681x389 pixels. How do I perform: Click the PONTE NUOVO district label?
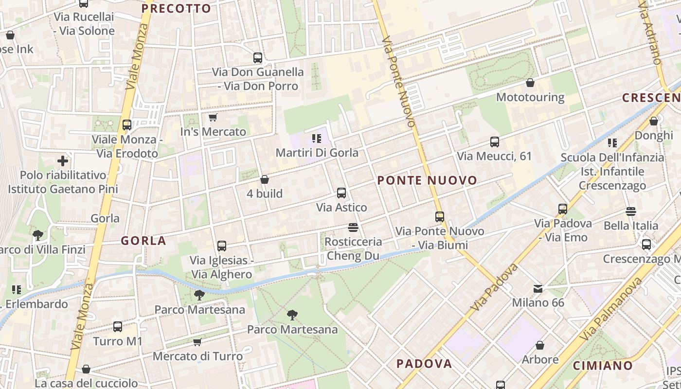428,180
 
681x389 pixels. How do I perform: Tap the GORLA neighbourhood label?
143,240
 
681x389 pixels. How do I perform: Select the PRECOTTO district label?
176,8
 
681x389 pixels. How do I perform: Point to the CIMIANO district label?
603,366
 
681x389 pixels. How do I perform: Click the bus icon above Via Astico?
341,193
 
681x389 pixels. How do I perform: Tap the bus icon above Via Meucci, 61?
495,142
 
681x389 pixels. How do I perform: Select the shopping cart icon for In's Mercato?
213,117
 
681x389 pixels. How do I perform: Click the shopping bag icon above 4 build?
265,179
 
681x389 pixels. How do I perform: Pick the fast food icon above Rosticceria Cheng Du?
353,227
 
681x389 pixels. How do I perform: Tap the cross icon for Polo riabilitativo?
63,160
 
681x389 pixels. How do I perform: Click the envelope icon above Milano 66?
538,289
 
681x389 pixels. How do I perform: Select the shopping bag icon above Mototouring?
530,83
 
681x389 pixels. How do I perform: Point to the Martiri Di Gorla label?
317,153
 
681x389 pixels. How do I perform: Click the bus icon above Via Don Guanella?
258,58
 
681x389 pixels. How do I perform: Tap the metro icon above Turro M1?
118,327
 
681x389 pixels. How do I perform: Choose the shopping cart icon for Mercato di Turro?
197,342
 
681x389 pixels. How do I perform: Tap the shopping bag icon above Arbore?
540,345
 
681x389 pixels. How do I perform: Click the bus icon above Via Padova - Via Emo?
563,209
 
